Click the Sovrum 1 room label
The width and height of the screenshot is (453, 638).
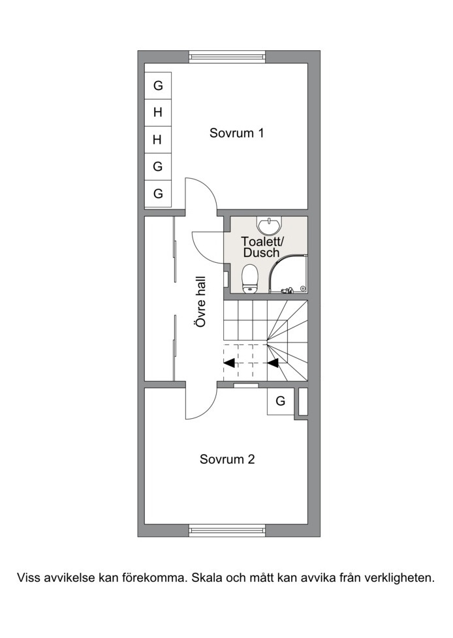[236, 133]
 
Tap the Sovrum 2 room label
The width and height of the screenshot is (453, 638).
[227, 459]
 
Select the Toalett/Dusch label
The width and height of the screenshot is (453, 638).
[261, 247]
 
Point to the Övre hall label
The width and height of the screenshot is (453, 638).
[200, 301]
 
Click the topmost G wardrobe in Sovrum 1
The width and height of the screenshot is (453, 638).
[158, 85]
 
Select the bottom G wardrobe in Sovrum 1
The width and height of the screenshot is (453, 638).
[158, 193]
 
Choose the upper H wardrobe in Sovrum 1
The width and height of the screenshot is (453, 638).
[158, 112]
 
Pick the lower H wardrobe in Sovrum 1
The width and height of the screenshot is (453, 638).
[158, 140]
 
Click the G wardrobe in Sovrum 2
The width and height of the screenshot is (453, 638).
[281, 401]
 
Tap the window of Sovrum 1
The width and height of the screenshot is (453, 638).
[227, 57]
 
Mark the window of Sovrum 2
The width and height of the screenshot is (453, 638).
[227, 530]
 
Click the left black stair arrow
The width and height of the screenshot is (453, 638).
[229, 363]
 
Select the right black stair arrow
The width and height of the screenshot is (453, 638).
[273, 363]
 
